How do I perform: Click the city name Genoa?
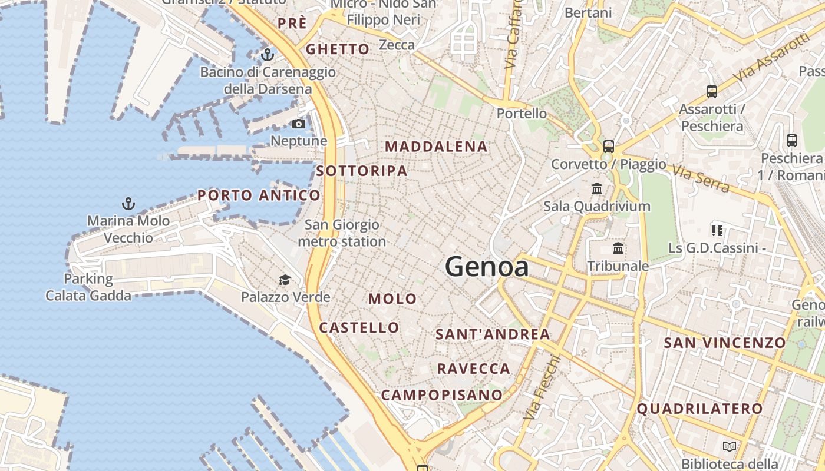coord(487,267)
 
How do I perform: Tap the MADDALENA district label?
coord(436,147)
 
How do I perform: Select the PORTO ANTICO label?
coord(259,195)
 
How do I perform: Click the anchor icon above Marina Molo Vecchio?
coord(128,204)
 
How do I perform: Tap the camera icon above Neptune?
coord(299,124)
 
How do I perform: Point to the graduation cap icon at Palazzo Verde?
coord(285,280)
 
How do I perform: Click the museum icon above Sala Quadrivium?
coord(597,189)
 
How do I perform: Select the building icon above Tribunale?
coord(618,248)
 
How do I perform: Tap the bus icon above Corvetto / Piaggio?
coord(609,147)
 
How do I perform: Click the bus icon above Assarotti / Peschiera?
coord(712,92)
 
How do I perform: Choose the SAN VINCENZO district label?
coord(725,343)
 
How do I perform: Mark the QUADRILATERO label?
coord(699,408)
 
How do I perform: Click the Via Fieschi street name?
coord(542,387)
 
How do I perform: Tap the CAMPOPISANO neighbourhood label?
coord(442,394)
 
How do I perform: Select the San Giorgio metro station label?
coord(342,233)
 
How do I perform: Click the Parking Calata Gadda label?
coord(88,287)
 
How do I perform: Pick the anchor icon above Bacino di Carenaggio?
coord(268,55)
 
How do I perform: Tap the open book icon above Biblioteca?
coord(730,446)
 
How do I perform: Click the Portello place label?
coord(522,113)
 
